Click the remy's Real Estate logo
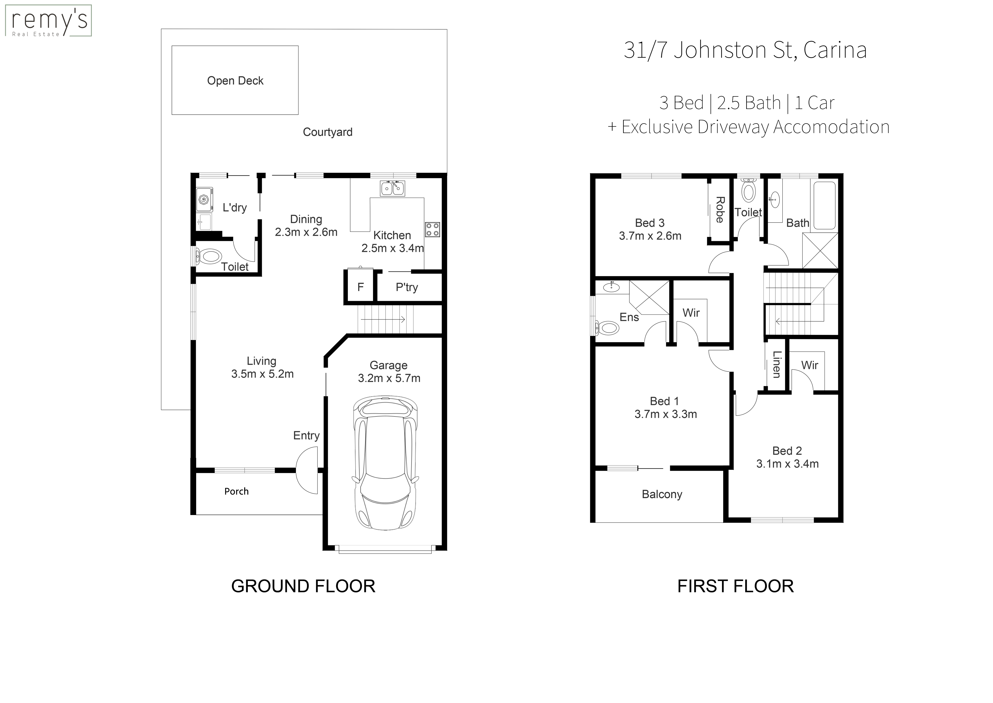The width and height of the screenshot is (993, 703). tap(48, 20)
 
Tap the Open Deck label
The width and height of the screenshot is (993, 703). tap(235, 81)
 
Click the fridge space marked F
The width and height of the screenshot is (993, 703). tap(360, 287)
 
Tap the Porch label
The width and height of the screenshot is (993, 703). tap(237, 491)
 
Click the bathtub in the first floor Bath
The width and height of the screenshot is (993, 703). tap(825, 205)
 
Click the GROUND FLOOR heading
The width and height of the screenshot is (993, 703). tap(303, 586)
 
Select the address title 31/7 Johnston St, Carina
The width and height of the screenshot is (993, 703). tap(745, 50)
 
